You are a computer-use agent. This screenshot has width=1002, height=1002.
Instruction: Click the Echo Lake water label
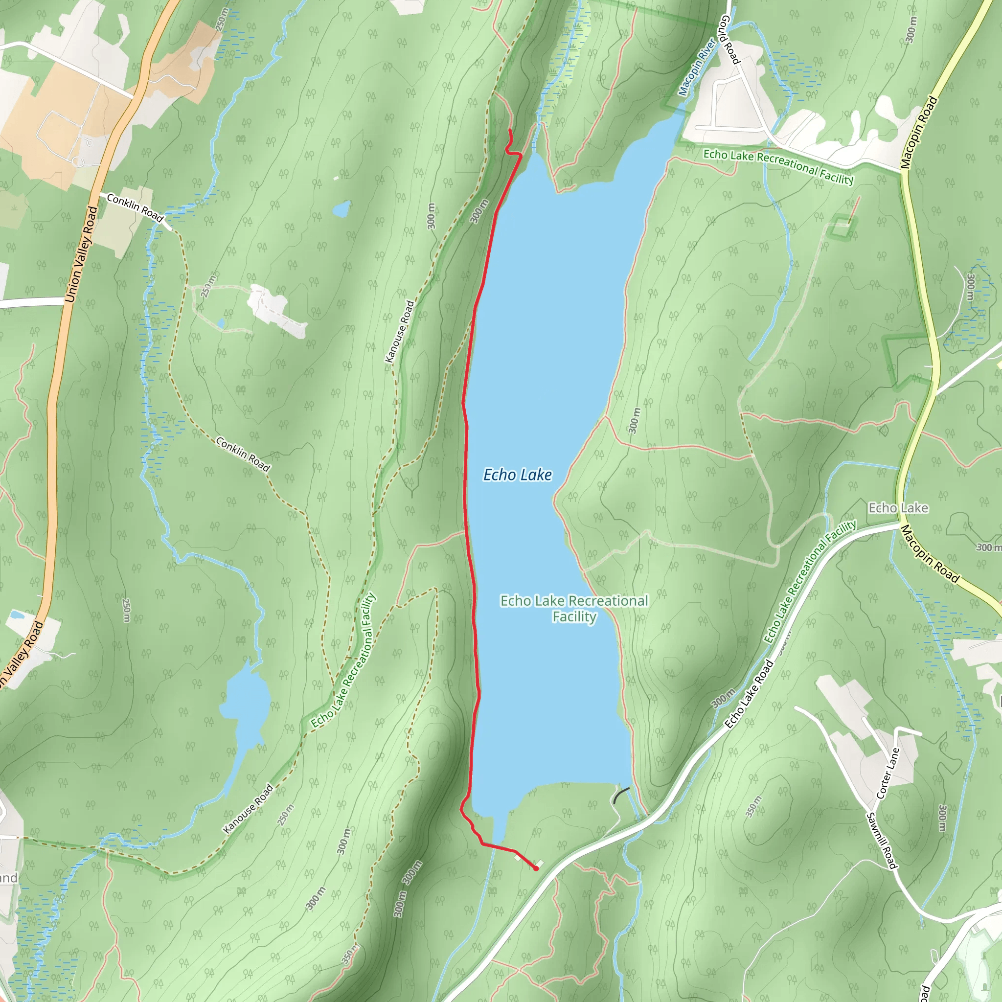(x=517, y=475)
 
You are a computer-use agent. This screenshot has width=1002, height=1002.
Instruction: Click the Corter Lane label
(x=888, y=773)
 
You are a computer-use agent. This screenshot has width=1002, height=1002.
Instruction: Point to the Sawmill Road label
(x=881, y=840)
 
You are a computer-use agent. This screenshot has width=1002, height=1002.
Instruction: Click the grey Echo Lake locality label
(x=898, y=508)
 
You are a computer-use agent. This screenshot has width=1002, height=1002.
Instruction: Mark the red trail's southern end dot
(x=536, y=869)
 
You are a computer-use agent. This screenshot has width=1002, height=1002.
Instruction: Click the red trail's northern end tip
(x=510, y=130)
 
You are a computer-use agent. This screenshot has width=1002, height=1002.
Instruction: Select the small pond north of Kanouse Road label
(x=342, y=209)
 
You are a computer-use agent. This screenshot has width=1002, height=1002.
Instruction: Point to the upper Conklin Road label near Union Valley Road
(x=135, y=207)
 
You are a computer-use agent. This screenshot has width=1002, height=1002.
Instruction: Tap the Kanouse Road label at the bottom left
(x=248, y=809)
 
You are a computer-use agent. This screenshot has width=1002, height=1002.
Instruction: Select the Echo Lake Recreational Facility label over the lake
(x=573, y=608)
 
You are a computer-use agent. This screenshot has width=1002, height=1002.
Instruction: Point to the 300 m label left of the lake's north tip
(x=479, y=211)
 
